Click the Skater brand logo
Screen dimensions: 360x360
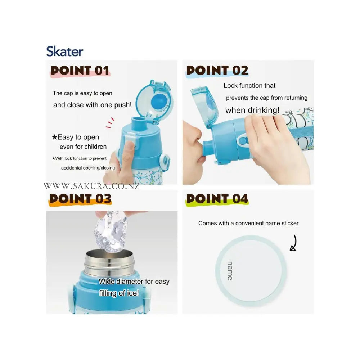coord(64,51)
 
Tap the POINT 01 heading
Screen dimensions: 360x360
coord(80,71)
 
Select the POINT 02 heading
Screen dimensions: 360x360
coord(217,71)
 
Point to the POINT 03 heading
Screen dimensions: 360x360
coord(80,199)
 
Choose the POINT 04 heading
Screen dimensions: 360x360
coord(217,199)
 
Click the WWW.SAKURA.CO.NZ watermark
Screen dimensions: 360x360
coord(91,186)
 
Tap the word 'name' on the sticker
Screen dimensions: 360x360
coord(230,271)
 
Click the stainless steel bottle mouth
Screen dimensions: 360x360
coord(109,263)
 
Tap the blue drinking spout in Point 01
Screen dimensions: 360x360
coord(139,123)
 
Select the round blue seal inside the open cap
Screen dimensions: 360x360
coord(159,102)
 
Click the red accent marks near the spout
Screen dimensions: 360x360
coord(110,123)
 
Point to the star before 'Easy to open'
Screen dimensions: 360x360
coord(54,137)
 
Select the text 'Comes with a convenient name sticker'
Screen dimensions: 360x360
coord(248,223)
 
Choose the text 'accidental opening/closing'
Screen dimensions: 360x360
coord(88,168)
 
